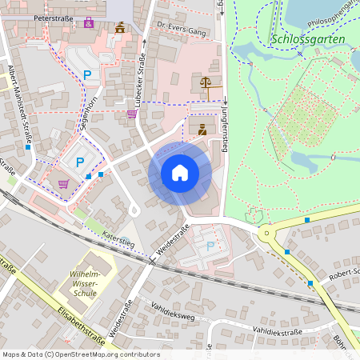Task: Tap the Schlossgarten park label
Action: point(308,38)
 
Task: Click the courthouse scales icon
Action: point(206,82)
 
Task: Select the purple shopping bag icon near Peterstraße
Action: point(88,22)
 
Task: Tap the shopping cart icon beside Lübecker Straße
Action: point(132,114)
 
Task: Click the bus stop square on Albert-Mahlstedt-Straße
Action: point(28,147)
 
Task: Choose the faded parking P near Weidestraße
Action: point(210,246)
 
